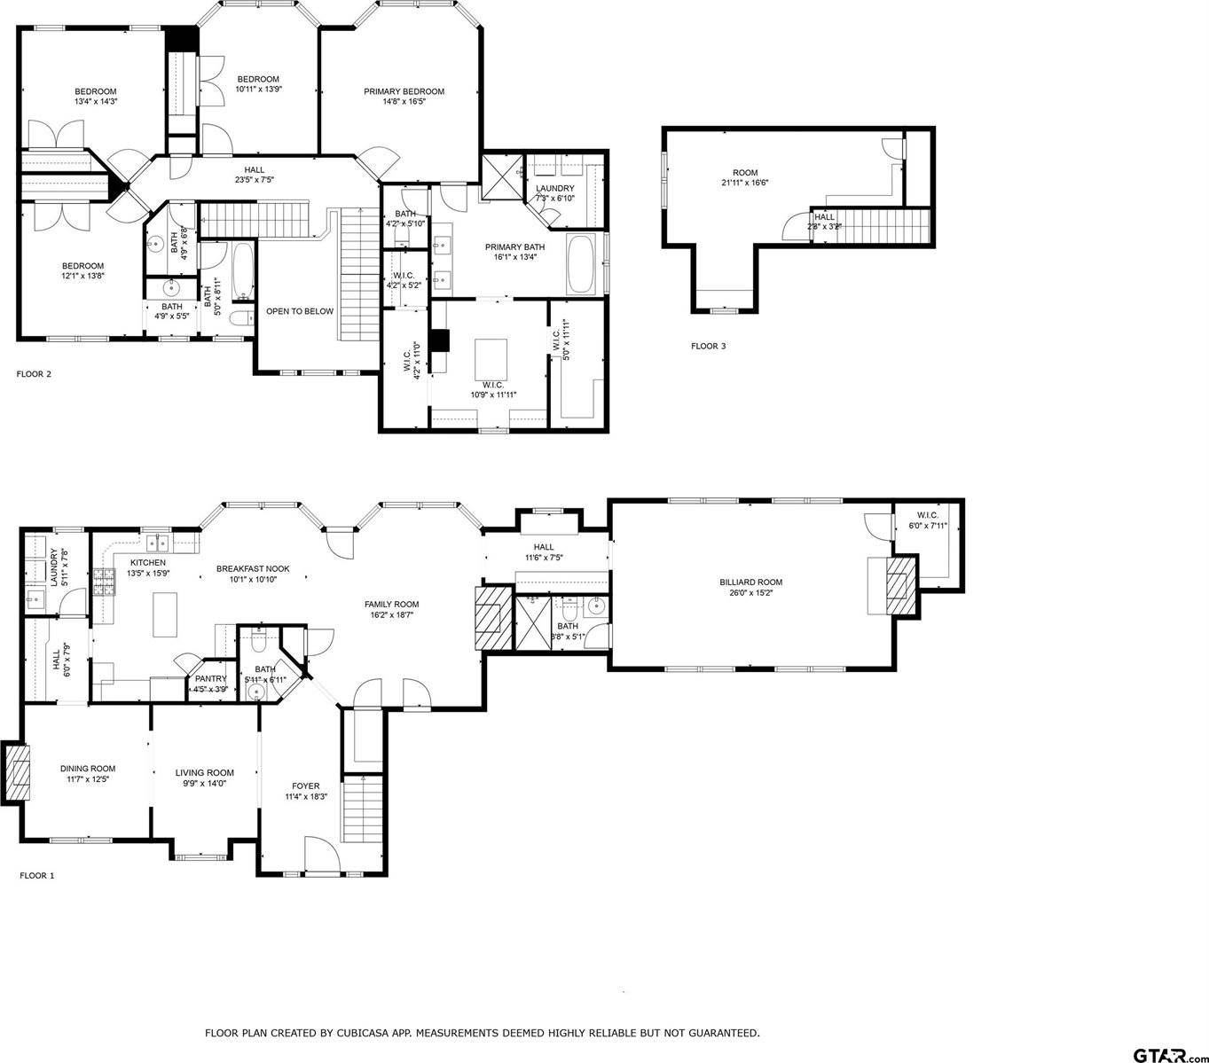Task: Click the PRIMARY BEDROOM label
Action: (404, 91)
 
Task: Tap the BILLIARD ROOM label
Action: (750, 582)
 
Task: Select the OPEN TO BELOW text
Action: (300, 311)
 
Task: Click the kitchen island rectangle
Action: (166, 614)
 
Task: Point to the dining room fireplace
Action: (18, 769)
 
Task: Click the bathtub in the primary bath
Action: (583, 264)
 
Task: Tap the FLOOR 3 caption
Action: (708, 347)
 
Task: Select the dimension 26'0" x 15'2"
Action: (750, 593)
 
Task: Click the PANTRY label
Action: (211, 678)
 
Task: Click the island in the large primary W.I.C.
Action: (493, 358)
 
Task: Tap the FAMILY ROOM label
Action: (391, 604)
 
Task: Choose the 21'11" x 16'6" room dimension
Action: (745, 183)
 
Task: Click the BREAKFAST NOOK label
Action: (253, 569)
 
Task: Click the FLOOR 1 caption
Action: (36, 876)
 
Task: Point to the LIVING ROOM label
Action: (204, 772)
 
